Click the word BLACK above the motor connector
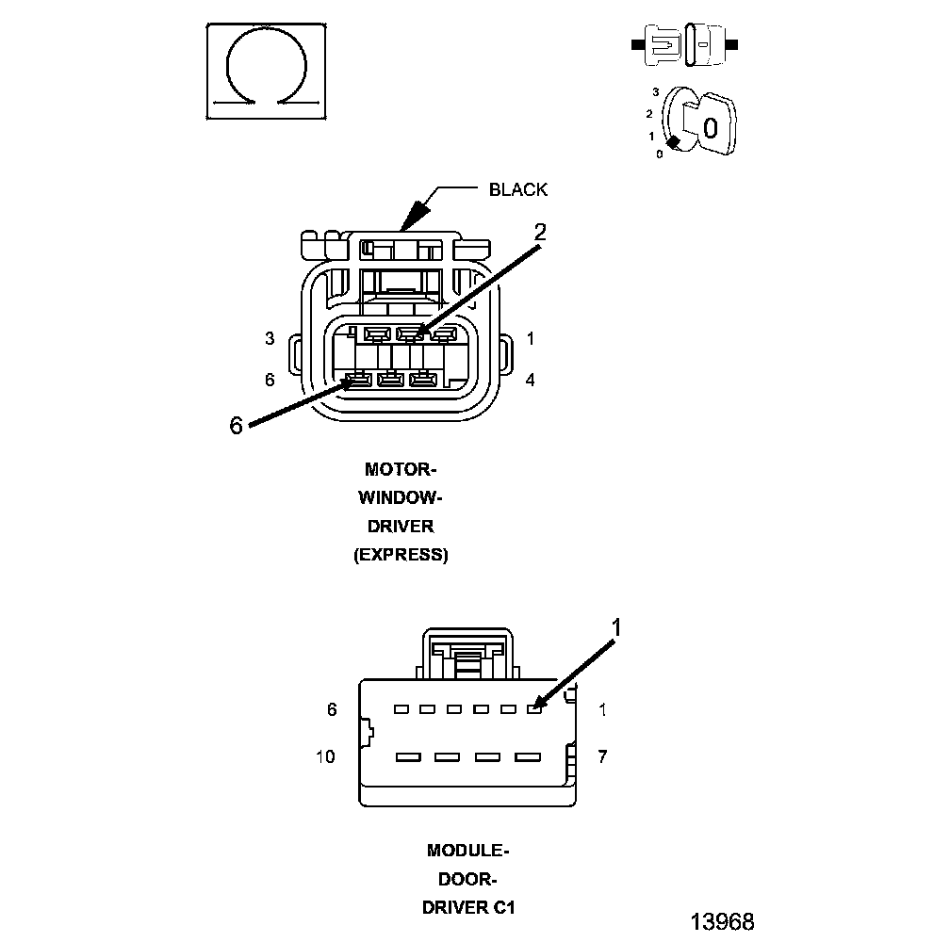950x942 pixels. tap(517, 189)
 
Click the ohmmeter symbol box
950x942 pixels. tap(268, 72)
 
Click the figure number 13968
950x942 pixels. tap(722, 920)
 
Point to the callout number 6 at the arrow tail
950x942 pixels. tap(236, 425)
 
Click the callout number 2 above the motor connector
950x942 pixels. tap(540, 232)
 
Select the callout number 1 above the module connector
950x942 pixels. tap(617, 627)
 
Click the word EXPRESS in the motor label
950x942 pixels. tap(401, 555)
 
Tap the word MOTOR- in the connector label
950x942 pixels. tap(401, 469)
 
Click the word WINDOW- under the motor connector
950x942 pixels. tap(401, 497)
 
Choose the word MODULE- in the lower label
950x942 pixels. tap(468, 851)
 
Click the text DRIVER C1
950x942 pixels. tap(468, 908)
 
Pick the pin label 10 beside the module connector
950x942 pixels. tap(325, 756)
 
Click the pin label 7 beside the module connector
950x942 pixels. tap(603, 756)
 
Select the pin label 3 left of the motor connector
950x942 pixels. tap(270, 338)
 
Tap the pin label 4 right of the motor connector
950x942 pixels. tap(531, 380)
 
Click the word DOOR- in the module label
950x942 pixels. tap(468, 880)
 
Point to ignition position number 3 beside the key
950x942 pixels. tap(655, 92)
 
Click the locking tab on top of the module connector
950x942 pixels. tap(467, 654)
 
